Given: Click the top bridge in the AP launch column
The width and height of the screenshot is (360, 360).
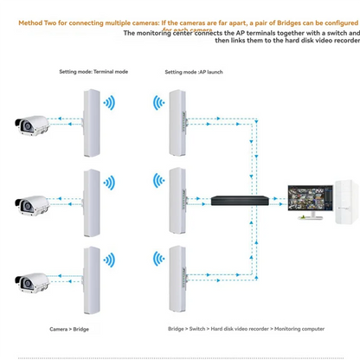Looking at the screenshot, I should [x=180, y=120].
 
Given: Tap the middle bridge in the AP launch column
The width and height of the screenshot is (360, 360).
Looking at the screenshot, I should [x=180, y=200].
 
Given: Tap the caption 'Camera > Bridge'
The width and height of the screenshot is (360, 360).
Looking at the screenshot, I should [x=71, y=330].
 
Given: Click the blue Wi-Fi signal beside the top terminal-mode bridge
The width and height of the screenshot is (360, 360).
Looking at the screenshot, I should [x=110, y=103].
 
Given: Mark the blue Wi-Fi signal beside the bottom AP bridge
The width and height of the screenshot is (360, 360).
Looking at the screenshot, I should [x=158, y=260].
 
